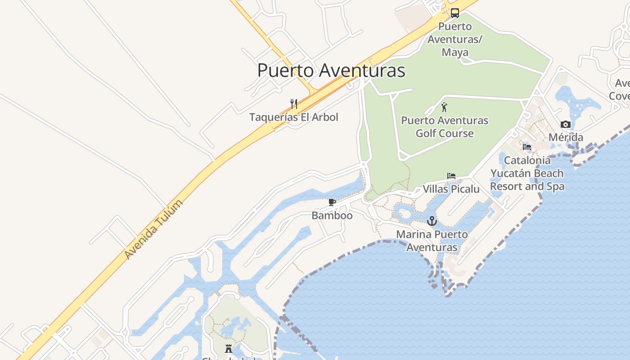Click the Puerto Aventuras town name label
click(331, 71)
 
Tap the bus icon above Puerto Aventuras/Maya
click(455, 13)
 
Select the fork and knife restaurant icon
click(294, 104)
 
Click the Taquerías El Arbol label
click(294, 117)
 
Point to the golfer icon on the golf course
click(445, 107)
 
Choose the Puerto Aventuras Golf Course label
click(445, 127)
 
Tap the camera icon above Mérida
click(566, 125)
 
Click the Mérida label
click(566, 137)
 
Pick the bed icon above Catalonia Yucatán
click(527, 147)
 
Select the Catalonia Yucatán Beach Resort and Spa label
click(527, 173)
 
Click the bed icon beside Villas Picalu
click(451, 176)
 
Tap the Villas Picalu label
click(451, 189)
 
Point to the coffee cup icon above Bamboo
click(332, 202)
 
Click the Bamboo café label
click(332, 216)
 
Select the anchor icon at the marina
click(432, 221)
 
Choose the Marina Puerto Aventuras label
click(432, 241)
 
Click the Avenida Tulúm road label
click(154, 229)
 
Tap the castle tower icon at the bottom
click(229, 348)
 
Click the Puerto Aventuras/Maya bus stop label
click(455, 39)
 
